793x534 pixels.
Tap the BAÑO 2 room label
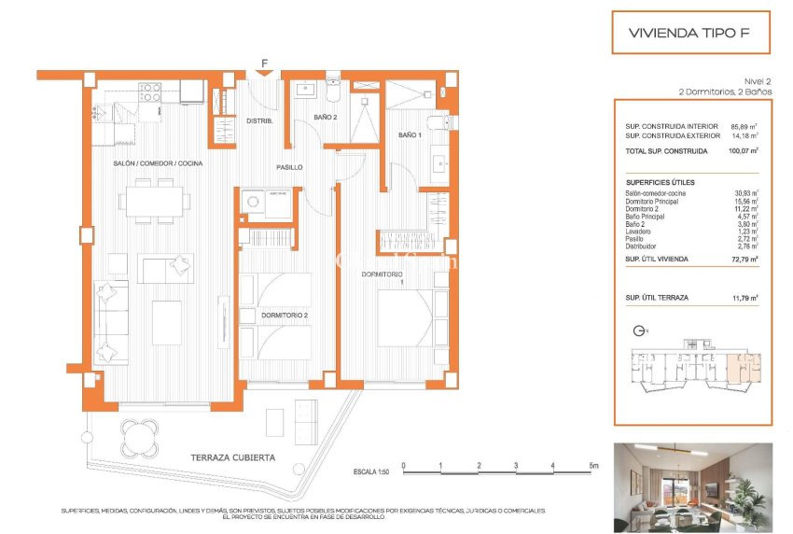pyautogui.click(x=325, y=117)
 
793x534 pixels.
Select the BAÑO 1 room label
pyautogui.click(x=410, y=135)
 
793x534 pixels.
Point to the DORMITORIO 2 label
pyautogui.click(x=284, y=316)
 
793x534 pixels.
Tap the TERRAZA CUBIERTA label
pyautogui.click(x=232, y=457)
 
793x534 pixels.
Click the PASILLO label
pyautogui.click(x=289, y=167)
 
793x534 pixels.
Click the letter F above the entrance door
pyautogui.click(x=265, y=63)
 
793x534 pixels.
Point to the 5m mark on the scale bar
pyautogui.click(x=592, y=465)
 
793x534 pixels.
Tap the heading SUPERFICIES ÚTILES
pyautogui.click(x=661, y=182)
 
